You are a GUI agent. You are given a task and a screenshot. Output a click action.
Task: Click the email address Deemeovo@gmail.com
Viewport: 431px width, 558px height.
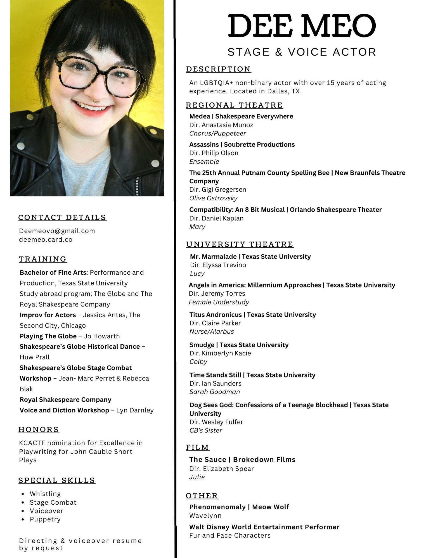(57, 231)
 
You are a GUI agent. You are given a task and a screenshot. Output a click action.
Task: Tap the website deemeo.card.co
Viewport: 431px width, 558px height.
(46, 239)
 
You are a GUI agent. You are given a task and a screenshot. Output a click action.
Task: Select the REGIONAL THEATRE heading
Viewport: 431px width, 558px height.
(234, 105)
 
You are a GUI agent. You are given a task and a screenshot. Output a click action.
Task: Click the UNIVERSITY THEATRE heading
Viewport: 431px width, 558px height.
(240, 244)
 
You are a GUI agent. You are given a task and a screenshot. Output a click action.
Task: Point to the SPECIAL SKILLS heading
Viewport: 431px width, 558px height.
(57, 480)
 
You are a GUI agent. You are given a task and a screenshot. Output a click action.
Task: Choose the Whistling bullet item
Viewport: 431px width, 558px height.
(45, 494)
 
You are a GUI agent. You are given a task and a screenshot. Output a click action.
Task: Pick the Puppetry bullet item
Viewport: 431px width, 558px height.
(45, 519)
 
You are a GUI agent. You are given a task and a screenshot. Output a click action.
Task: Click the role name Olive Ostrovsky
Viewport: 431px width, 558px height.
(213, 198)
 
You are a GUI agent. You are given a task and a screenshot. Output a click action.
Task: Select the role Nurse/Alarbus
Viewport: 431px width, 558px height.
(212, 331)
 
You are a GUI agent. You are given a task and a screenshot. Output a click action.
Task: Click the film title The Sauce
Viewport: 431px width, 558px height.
(207, 460)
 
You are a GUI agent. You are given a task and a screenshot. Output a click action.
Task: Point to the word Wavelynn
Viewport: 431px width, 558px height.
(205, 516)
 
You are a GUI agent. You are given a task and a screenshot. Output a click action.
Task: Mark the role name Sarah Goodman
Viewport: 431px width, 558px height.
(215, 392)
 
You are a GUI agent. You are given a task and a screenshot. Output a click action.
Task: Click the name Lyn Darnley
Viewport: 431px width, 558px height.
(135, 410)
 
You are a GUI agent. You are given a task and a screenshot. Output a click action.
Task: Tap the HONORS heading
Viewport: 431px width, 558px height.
(39, 429)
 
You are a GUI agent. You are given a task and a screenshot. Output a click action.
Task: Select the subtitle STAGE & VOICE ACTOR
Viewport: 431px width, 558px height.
(302, 52)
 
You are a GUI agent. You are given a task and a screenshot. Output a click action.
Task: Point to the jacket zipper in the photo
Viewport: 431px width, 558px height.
(137, 186)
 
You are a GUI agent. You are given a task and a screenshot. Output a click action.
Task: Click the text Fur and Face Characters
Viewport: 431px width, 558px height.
(230, 535)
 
